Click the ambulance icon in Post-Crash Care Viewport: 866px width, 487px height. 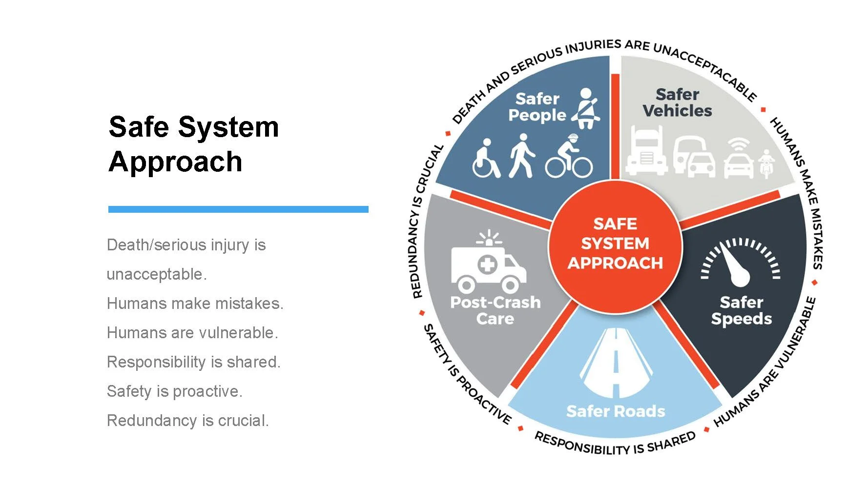point(489,264)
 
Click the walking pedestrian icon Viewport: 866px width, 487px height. point(522,156)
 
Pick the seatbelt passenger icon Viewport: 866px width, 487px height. point(586,108)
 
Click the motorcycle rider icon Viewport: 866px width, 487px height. point(766,163)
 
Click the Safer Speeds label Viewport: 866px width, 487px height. point(741,310)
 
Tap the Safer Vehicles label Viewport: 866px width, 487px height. point(677,102)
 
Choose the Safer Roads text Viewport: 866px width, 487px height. point(616,411)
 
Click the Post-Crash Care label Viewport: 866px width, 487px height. point(495,310)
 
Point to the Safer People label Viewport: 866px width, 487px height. point(537,107)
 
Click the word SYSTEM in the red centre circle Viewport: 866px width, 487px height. point(615,243)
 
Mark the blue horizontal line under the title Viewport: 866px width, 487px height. point(238,209)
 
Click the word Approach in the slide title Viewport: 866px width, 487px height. point(176,162)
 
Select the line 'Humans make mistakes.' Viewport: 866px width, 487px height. point(195,304)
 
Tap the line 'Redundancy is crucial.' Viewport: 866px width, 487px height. point(188,421)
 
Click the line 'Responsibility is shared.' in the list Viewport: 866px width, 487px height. point(194,362)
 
